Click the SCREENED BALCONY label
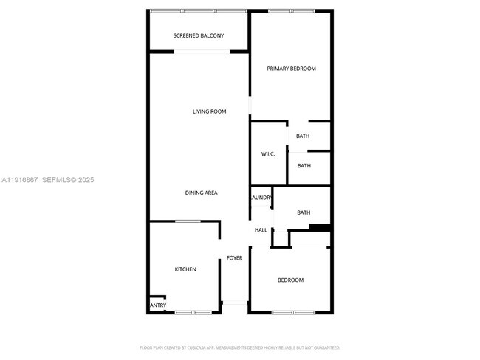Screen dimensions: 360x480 click(199, 36)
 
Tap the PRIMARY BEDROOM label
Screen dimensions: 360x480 click(291, 69)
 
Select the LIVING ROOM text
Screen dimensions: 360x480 click(209, 111)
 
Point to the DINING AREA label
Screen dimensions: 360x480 click(201, 193)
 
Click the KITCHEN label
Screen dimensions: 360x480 click(185, 269)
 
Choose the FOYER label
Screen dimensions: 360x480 click(234, 257)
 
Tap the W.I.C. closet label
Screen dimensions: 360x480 click(268, 153)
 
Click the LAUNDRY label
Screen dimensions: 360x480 click(261, 198)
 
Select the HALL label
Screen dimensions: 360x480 click(261, 230)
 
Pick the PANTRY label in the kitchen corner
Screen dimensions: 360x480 click(158, 305)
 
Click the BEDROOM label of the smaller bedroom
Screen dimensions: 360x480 click(290, 280)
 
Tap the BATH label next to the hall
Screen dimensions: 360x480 click(304, 213)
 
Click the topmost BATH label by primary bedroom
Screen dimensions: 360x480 click(303, 136)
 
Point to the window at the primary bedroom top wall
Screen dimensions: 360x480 click(290, 10)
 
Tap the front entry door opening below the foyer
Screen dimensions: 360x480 click(235, 302)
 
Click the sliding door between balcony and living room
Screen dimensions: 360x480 click(202, 51)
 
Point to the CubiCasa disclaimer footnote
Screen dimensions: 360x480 click(240, 347)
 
